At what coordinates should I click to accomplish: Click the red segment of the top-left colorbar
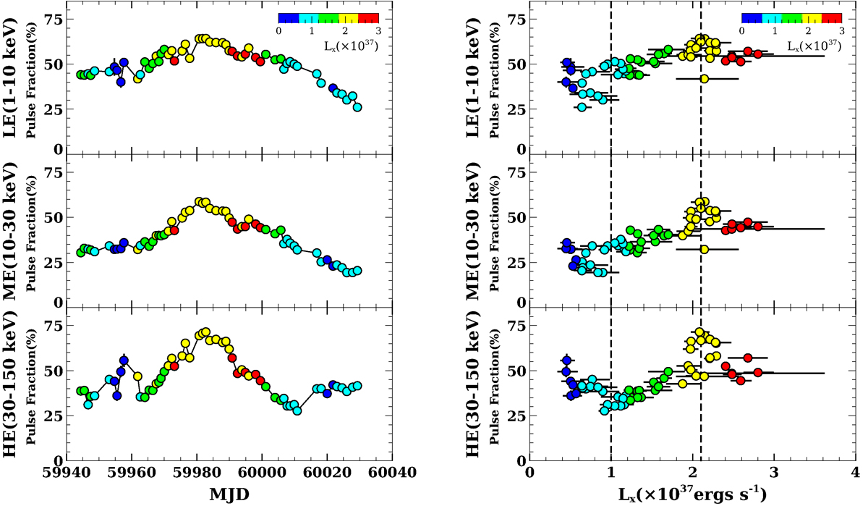369,18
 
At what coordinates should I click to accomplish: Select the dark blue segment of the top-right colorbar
750,18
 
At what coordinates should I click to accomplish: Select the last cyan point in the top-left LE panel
357,107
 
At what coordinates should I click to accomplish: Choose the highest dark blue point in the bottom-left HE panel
124,360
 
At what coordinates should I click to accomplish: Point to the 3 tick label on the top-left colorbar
378,32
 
